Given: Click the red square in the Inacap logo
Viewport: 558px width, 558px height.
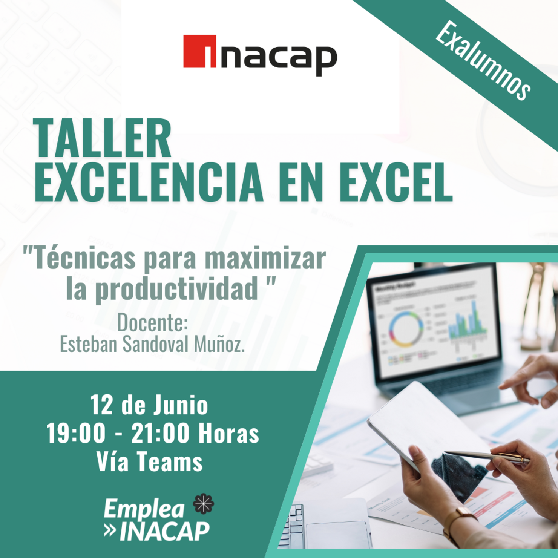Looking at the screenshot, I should click(199, 51).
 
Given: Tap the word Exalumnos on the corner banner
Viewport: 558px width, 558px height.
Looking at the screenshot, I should click(483, 60).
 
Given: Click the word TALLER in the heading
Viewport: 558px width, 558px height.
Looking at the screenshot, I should click(103, 138).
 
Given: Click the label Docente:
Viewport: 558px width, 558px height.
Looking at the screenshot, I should click(152, 323).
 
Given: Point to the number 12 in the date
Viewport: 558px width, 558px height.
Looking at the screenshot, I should click(101, 405).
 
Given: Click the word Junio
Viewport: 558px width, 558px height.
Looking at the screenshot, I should click(181, 405).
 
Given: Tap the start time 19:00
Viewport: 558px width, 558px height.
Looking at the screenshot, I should click(76, 433).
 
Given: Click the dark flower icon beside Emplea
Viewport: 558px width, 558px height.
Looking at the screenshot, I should click(204, 504).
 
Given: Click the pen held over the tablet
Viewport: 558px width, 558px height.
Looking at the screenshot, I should click(486, 456).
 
